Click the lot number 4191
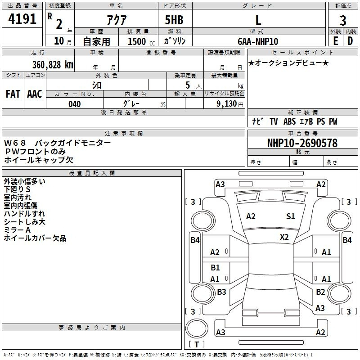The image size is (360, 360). click(x=22, y=20)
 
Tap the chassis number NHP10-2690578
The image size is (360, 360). click(x=302, y=143)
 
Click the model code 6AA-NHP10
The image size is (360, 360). click(x=258, y=41)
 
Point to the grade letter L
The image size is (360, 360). click(x=258, y=20)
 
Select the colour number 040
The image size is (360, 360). click(x=75, y=104)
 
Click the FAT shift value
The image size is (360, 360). click(x=13, y=94)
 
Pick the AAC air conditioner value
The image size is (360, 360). click(x=35, y=94)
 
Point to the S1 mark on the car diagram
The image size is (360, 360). click(x=291, y=216)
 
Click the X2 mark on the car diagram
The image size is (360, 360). click(x=284, y=237)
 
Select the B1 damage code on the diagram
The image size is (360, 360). click(x=215, y=268)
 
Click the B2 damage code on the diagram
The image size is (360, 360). click(x=320, y=292)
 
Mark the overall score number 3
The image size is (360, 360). click(x=343, y=20)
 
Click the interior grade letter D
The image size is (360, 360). click(x=350, y=41)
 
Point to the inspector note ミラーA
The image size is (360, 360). click(x=18, y=230)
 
